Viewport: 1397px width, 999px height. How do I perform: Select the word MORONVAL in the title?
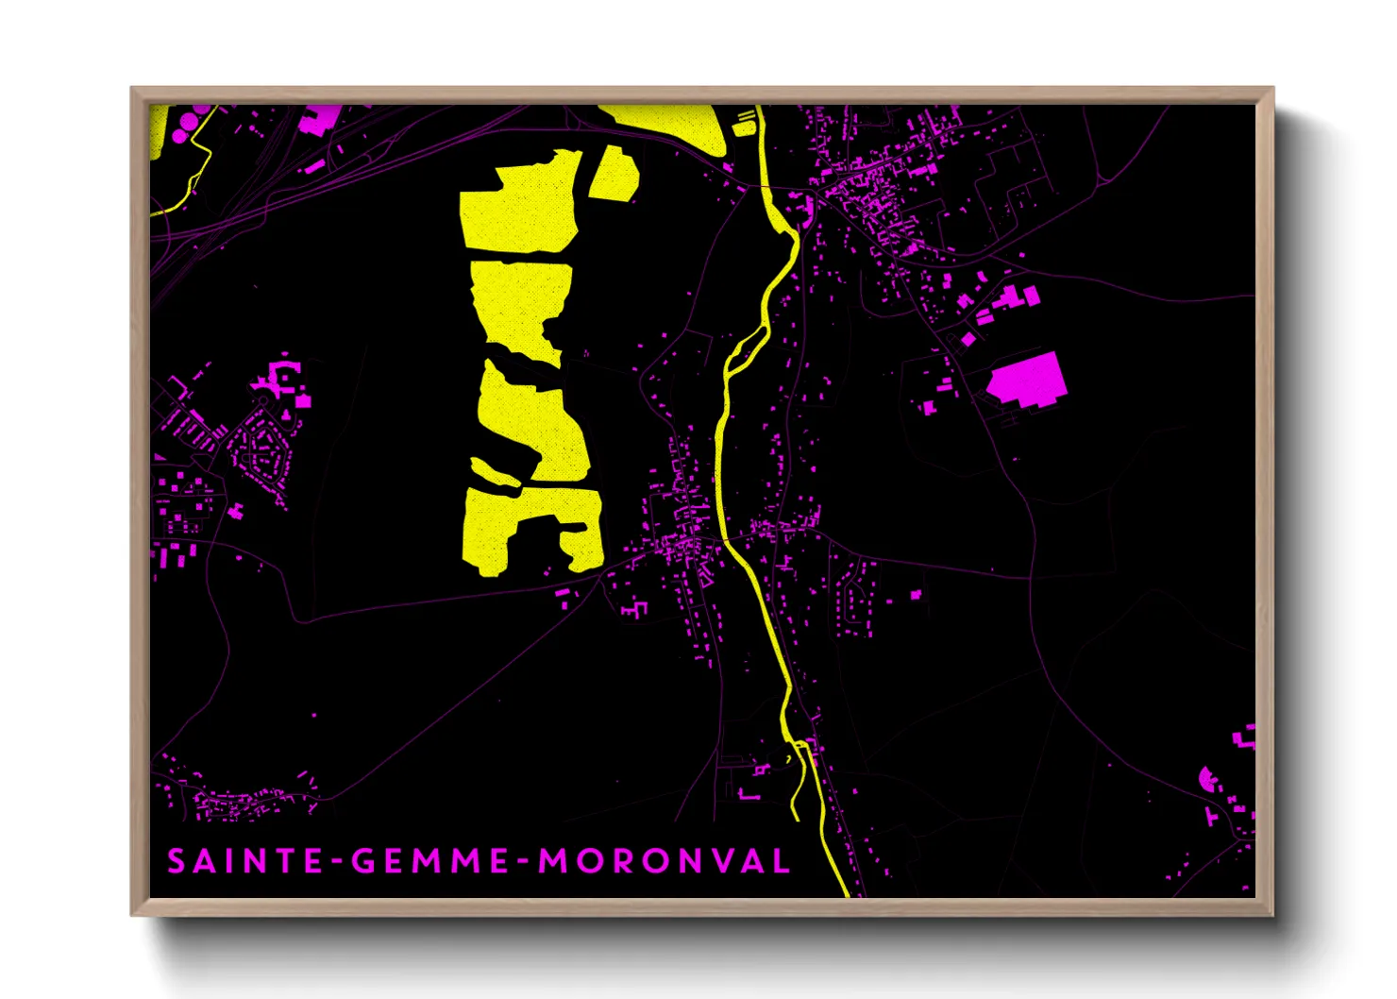tap(664, 861)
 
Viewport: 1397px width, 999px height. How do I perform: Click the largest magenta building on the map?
tap(1028, 381)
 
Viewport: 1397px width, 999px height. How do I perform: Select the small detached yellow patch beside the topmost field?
tap(614, 174)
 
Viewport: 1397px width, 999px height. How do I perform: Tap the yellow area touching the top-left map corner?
tap(159, 127)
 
